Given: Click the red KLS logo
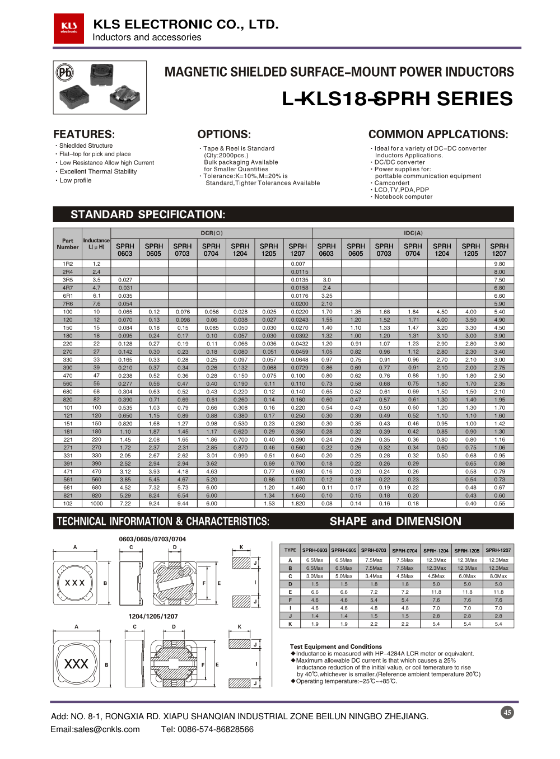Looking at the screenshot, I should pyautogui.click(x=69, y=28).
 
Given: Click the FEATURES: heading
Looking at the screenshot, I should pyautogui.click(x=84, y=134).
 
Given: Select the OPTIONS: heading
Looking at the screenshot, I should pyautogui.click(x=224, y=134).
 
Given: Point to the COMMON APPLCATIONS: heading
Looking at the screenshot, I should pyautogui.click(x=438, y=134).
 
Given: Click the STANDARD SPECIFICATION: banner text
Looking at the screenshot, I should pyautogui.click(x=148, y=214).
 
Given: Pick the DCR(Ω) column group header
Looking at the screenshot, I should pyautogui.click(x=212, y=233).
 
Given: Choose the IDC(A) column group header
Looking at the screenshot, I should pyautogui.click(x=413, y=233).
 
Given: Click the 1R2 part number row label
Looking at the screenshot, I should pyautogui.click(x=68, y=264).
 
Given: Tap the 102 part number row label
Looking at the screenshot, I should pyautogui.click(x=68, y=503).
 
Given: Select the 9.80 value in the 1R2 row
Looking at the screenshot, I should pyautogui.click(x=499, y=264).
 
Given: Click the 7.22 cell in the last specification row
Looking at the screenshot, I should pyautogui.click(x=125, y=503).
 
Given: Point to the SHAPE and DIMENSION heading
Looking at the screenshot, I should pyautogui.click(x=395, y=521).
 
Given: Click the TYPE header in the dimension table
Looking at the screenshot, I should pyautogui.click(x=290, y=550).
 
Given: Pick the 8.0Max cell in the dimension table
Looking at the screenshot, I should pyautogui.click(x=498, y=576).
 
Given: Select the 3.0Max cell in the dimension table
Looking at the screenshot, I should pyautogui.click(x=315, y=576).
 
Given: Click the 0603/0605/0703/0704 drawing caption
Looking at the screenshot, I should pyautogui.click(x=152, y=539).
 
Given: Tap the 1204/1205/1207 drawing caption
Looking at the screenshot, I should pyautogui.click(x=153, y=616).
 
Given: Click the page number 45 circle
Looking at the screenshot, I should pyautogui.click(x=507, y=713).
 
